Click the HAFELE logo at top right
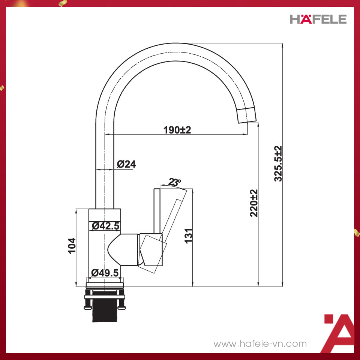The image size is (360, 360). click(x=318, y=19)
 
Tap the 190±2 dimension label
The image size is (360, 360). click(x=177, y=130)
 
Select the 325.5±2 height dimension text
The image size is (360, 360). click(x=278, y=163)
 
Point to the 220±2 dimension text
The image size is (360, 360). click(x=254, y=203)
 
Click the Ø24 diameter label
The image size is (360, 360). click(x=126, y=164)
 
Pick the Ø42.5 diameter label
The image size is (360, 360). click(x=105, y=226)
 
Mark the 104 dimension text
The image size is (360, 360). click(x=72, y=246)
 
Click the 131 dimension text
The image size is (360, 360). click(x=189, y=235)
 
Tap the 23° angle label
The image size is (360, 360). click(x=175, y=182)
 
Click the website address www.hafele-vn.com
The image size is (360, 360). click(x=260, y=343)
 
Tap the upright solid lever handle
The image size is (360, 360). click(x=157, y=210)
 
